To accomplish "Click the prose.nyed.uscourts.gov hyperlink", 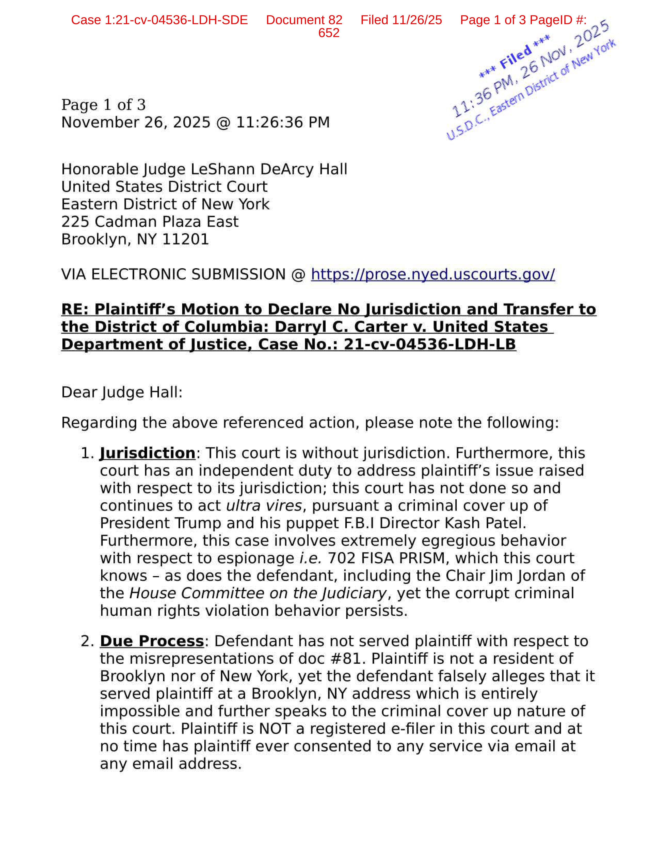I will tap(433, 275).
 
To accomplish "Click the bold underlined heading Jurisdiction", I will tap(147, 453).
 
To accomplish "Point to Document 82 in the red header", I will tap(304, 20).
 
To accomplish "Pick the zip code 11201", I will tap(185, 239).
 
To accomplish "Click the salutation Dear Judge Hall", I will tap(122, 392).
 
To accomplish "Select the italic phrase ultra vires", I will tap(264, 506).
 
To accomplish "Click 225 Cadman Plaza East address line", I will tap(150, 222).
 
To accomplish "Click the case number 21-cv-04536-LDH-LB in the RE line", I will tap(430, 345).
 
